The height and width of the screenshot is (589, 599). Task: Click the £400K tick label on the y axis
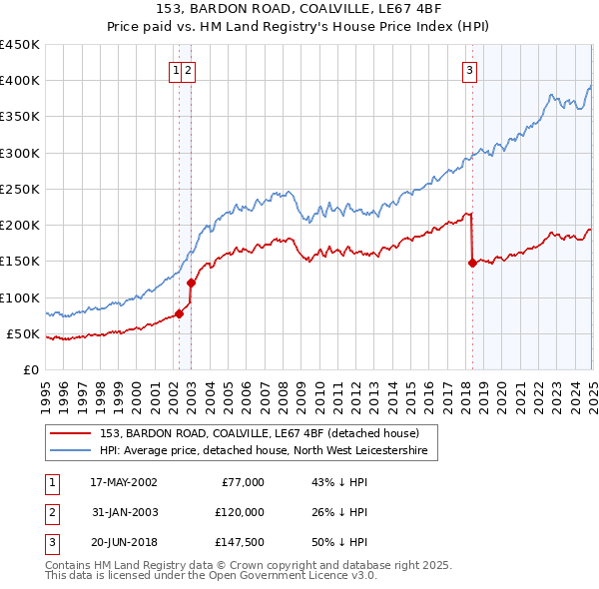(20, 81)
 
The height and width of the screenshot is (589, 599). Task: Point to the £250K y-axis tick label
(20, 189)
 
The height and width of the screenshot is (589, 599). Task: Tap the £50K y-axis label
(24, 333)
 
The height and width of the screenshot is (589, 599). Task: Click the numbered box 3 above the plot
(468, 70)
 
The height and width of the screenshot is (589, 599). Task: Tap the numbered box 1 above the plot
(176, 70)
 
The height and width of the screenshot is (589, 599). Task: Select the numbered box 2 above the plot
(188, 70)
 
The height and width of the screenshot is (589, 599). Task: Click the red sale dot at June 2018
(472, 264)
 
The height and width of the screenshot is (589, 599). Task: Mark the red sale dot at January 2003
(192, 283)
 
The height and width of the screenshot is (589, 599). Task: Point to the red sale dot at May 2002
(180, 313)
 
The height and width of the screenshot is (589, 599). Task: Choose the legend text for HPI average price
(264, 451)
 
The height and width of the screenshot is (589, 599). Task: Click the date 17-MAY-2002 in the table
(124, 482)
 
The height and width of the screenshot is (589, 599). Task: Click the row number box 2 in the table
(51, 512)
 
